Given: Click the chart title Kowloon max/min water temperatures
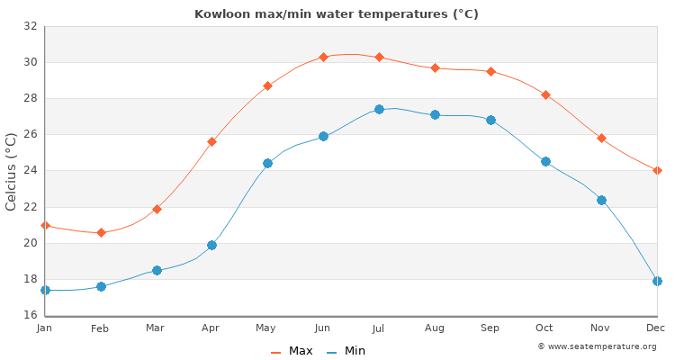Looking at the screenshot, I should [x=337, y=13].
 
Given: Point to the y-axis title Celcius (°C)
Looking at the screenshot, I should [x=11, y=171].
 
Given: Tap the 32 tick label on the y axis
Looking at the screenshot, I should [x=30, y=26].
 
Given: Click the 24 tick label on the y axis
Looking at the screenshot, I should [x=30, y=171].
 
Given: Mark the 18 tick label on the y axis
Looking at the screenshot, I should [x=30, y=279].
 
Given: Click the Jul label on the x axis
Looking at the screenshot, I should [x=379, y=329].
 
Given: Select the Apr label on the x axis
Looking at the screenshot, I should [x=211, y=329].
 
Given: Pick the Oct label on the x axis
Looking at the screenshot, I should [x=545, y=329].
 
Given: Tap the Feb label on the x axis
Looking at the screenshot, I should [x=100, y=329].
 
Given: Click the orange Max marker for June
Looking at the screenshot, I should [x=323, y=57].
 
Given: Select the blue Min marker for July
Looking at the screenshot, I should [x=379, y=109].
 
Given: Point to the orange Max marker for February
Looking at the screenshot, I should [x=101, y=232].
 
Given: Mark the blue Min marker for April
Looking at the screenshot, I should [x=211, y=245].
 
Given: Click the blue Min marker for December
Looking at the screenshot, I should [x=657, y=281].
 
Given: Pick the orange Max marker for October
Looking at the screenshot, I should [x=545, y=94].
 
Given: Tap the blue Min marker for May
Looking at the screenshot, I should [x=267, y=163].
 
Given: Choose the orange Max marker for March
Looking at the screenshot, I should [x=157, y=209].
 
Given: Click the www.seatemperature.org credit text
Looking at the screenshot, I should [x=597, y=346].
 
